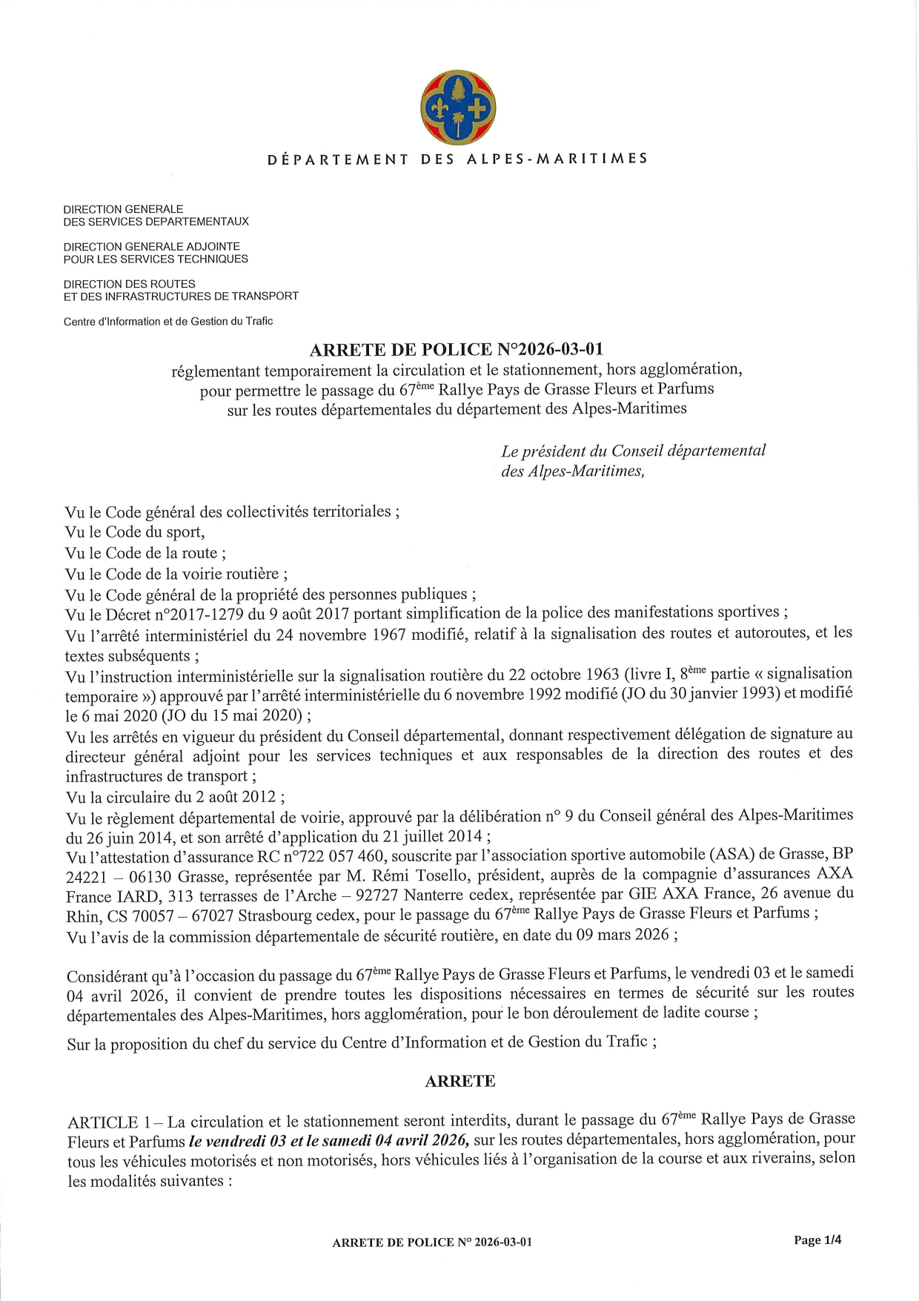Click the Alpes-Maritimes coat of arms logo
point(458,107)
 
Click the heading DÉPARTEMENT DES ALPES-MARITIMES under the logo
point(458,159)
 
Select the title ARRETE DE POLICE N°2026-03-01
point(456,349)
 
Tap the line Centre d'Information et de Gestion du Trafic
point(168,321)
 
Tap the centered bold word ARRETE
point(459,1081)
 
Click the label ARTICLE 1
point(110,1122)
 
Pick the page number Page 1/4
point(817,1239)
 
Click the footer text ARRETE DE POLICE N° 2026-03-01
point(432,1242)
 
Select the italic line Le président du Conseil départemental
point(633,451)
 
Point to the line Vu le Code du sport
point(135,532)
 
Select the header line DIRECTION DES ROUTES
point(130,284)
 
